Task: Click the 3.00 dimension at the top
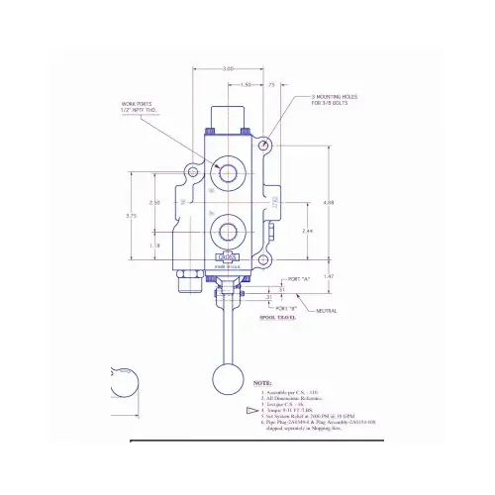point(229,68)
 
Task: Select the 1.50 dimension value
point(245,85)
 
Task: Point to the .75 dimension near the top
point(271,85)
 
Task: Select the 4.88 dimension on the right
point(330,202)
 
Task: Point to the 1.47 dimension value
point(330,276)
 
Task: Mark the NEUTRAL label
point(326,311)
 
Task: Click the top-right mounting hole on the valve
point(264,145)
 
